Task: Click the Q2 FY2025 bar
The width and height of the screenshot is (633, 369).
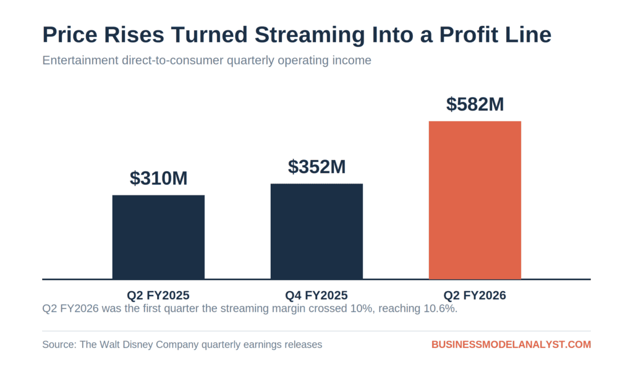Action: pos(158,237)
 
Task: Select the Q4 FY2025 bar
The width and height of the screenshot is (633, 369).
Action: pos(316,231)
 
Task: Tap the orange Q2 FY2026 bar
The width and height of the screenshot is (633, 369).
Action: pos(475,200)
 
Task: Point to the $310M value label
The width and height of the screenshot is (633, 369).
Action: pos(159,178)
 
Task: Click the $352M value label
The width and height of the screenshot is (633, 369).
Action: pos(317,167)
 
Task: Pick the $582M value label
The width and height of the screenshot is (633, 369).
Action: pos(475,104)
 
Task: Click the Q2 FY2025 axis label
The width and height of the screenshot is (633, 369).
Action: pos(158,295)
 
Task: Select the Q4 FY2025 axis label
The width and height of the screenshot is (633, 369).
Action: pos(316,295)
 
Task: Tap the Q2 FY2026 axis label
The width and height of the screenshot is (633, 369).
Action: pos(475,295)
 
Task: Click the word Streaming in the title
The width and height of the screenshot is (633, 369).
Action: pos(310,35)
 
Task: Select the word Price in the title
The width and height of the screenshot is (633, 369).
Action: pos(70,35)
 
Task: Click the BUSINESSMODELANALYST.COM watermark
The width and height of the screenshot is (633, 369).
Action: pos(511,344)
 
